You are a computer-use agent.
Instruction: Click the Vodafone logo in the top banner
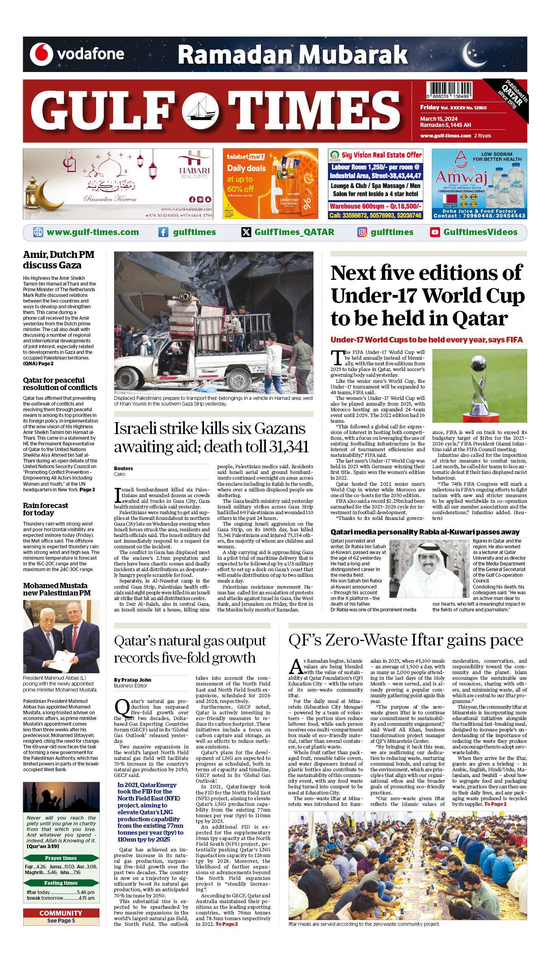42,55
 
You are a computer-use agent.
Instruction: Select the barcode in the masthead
449,90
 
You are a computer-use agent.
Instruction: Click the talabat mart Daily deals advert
270,184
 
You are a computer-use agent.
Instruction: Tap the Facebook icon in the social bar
163,232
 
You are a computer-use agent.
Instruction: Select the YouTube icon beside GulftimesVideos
435,232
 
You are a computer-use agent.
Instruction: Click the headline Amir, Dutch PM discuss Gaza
59,260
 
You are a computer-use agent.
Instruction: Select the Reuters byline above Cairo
123,468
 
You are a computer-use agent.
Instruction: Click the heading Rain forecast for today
46,509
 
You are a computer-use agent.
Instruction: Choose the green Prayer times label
61,858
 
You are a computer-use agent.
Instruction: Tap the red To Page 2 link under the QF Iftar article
495,804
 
